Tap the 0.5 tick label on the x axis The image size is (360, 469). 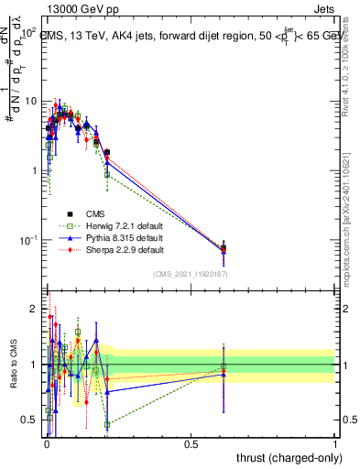coord(191,444)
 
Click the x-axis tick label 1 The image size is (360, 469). coord(336,444)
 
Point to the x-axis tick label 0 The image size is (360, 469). coord(47,444)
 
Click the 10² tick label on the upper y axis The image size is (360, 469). coord(28,31)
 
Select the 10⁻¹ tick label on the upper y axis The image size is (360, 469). coord(28,240)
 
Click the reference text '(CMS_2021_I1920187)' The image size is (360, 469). coord(191,273)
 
